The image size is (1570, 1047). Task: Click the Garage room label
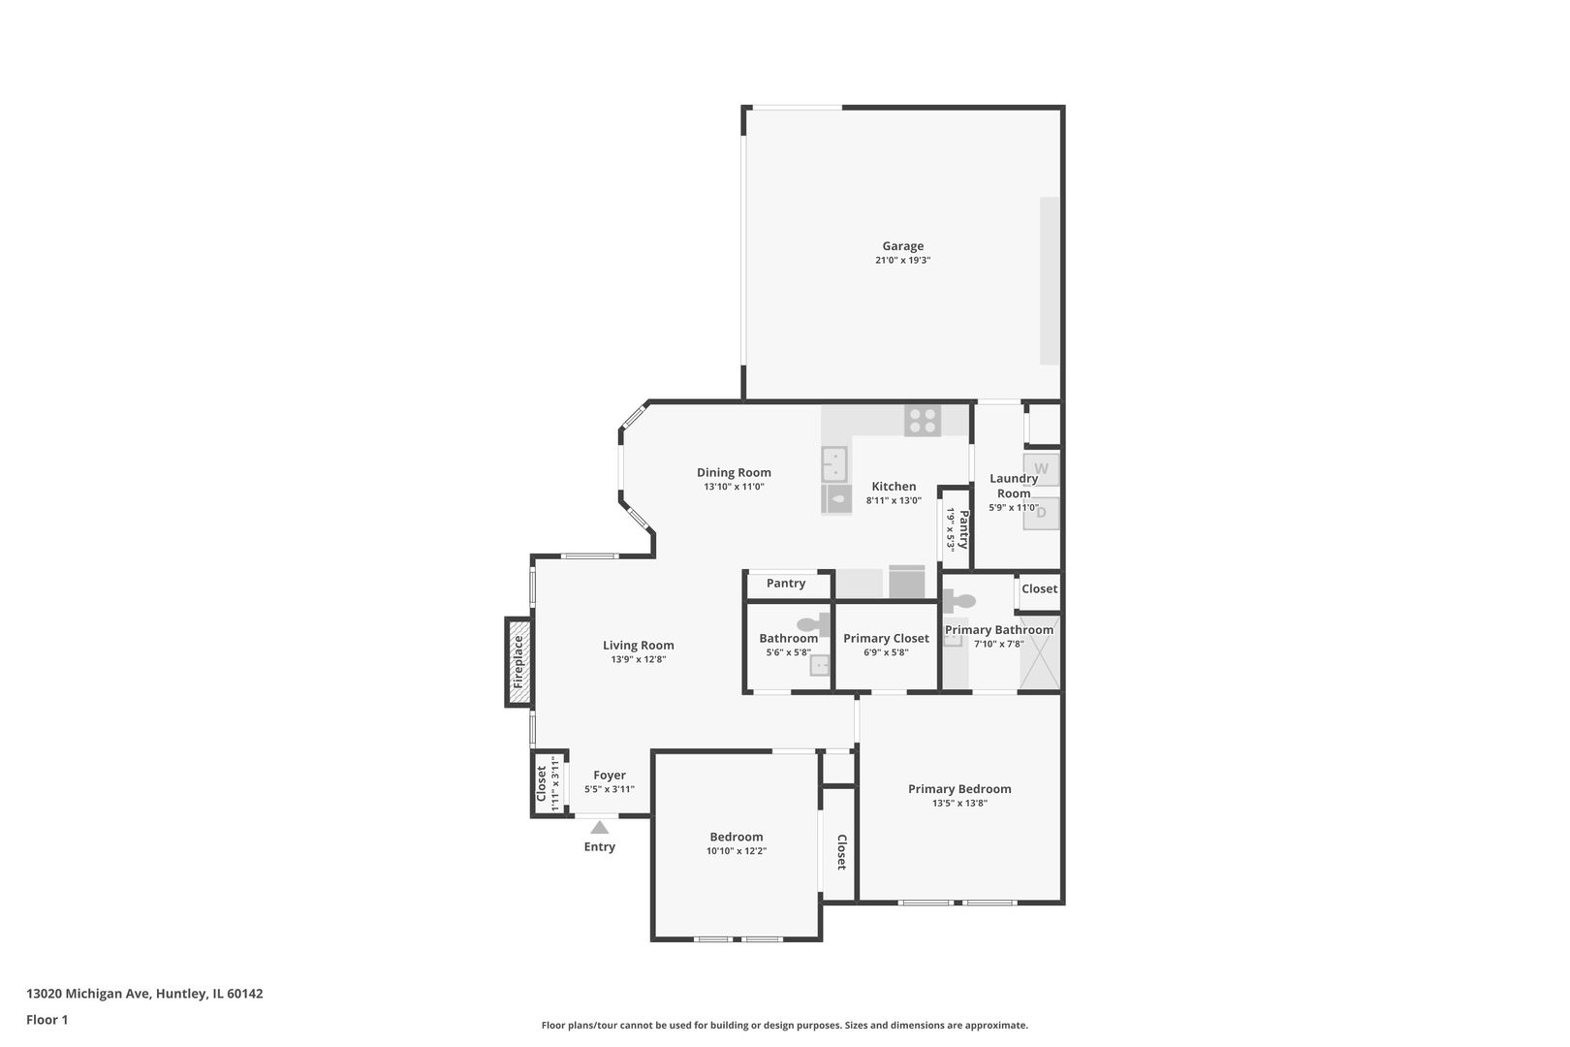click(x=902, y=246)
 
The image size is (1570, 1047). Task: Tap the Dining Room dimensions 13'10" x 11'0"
click(x=734, y=487)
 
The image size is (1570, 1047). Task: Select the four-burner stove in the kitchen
click(x=923, y=421)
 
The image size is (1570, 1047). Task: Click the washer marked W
click(x=1042, y=469)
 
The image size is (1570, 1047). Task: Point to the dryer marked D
click(x=1042, y=513)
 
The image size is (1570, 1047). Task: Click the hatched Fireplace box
click(x=518, y=662)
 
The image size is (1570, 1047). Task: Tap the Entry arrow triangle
click(x=600, y=827)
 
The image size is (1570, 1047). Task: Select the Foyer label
click(x=610, y=775)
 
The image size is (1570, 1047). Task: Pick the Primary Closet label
click(x=886, y=638)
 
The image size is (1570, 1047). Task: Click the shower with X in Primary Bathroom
click(x=1040, y=653)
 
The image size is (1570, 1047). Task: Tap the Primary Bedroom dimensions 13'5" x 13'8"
click(x=959, y=803)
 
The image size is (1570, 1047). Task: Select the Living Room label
click(x=638, y=645)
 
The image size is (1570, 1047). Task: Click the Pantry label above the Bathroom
click(x=785, y=584)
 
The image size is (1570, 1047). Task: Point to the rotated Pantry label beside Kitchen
click(x=964, y=529)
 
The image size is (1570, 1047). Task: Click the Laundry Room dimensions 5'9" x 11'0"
click(x=1014, y=507)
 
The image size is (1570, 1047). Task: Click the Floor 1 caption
click(x=47, y=1020)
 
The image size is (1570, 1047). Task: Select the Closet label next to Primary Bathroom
click(x=1039, y=588)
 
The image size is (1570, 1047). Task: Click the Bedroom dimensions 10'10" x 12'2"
click(x=737, y=851)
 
